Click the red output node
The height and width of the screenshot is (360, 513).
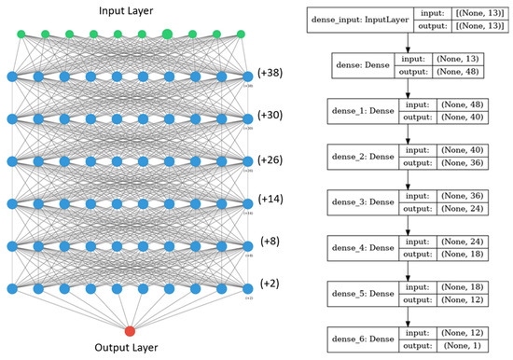[130, 330]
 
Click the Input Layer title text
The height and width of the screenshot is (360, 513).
[130, 10]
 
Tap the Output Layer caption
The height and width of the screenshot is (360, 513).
[130, 350]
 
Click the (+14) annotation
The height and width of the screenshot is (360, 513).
[270, 199]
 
